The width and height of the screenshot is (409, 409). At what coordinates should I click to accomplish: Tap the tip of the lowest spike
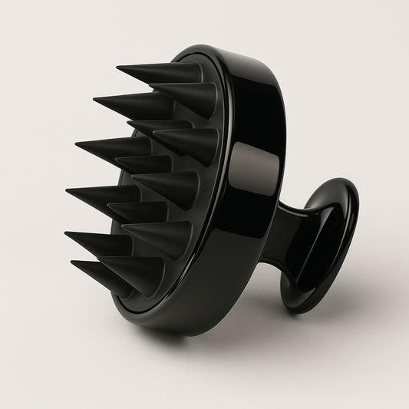tap(72, 264)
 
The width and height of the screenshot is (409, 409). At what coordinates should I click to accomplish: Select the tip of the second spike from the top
tap(94, 100)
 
